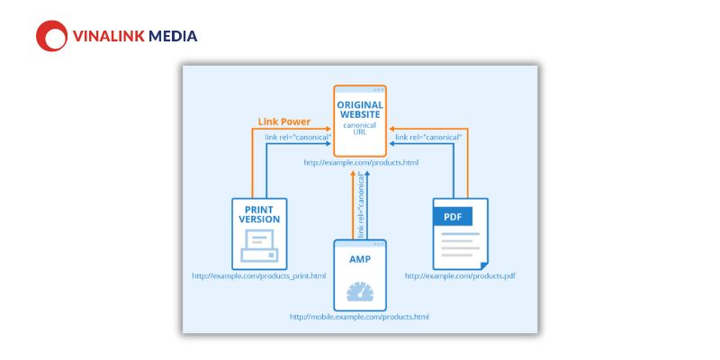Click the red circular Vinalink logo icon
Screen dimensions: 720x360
click(x=52, y=36)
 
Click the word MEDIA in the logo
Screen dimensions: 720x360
click(x=173, y=36)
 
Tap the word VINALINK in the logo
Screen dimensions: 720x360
click(x=109, y=36)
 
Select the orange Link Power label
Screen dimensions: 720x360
click(x=284, y=122)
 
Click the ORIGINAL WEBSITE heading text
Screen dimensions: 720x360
click(x=360, y=109)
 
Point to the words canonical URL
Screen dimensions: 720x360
click(x=360, y=129)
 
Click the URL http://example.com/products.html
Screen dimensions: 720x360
click(x=361, y=163)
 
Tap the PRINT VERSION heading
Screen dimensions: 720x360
click(x=259, y=214)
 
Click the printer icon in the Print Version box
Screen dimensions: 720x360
click(x=259, y=246)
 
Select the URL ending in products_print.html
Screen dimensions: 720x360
click(x=259, y=276)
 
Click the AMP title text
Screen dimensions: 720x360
click(x=360, y=259)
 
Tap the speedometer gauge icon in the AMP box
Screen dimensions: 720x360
click(x=360, y=292)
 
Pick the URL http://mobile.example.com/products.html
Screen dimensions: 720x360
click(x=359, y=317)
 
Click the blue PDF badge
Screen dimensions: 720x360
click(x=453, y=216)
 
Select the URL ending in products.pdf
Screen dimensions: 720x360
click(x=460, y=276)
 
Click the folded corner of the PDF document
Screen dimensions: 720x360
click(x=484, y=265)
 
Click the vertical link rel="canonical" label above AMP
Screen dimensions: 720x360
click(x=362, y=205)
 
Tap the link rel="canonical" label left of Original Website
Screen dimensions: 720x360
click(x=298, y=138)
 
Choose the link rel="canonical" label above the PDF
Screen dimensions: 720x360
click(x=428, y=138)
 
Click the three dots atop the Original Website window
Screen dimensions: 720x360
click(x=379, y=89)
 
